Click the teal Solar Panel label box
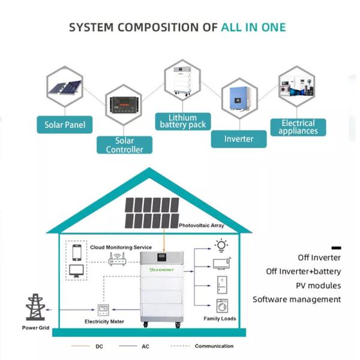pyautogui.click(x=65, y=125)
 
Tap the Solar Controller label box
pyautogui.click(x=125, y=145)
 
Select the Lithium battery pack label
pyautogui.click(x=183, y=121)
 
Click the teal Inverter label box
pyautogui.click(x=238, y=139)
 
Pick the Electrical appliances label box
pyautogui.click(x=298, y=127)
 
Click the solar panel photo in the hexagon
pyautogui.click(x=65, y=88)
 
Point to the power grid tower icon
pyautogui.click(x=35, y=307)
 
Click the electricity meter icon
pyautogui.click(x=103, y=310)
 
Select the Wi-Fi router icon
pyautogui.click(x=115, y=259)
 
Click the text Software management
pyautogui.click(x=296, y=299)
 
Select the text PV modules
pyautogui.click(x=318, y=286)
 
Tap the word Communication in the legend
pyautogui.click(x=214, y=346)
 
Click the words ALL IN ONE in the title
pyautogui.click(x=253, y=28)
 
